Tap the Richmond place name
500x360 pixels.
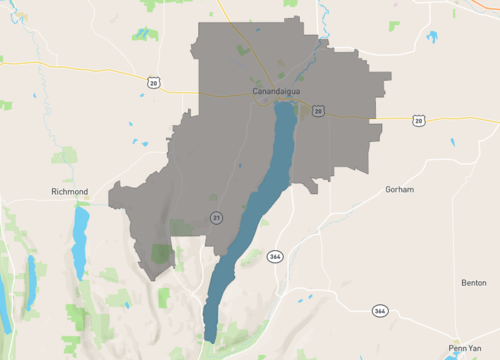point(70,191)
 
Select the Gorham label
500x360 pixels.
point(399,188)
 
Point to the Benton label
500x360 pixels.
point(474,283)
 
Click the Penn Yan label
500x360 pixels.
point(465,348)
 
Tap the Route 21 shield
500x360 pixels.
point(215,217)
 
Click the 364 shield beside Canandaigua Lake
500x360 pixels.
point(275,257)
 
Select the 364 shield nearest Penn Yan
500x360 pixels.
point(380,311)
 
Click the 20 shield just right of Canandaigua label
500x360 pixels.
point(317,111)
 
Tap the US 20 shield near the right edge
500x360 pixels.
point(418,120)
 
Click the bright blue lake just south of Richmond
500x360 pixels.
point(80,241)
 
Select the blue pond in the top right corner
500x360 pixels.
point(432,38)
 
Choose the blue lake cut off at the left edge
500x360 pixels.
point(4,310)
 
